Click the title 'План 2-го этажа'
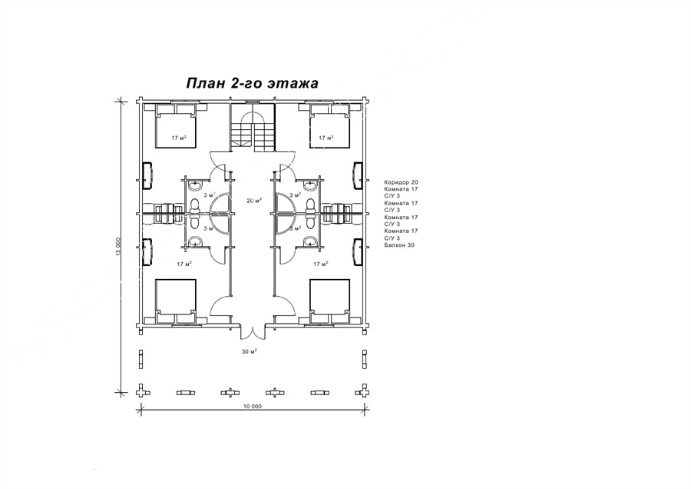[252, 83]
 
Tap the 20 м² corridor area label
[254, 200]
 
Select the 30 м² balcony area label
[249, 351]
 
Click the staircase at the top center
[253, 127]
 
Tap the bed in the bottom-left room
[175, 301]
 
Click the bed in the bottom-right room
[329, 301]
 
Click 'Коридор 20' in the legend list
[401, 181]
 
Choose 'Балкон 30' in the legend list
[399, 245]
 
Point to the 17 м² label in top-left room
[178, 138]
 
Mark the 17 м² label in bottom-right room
[321, 264]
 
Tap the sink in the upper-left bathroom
[194, 186]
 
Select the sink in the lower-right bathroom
[311, 241]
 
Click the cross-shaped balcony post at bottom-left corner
[141, 391]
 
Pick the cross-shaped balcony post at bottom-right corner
[365, 391]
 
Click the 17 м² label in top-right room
[326, 138]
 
